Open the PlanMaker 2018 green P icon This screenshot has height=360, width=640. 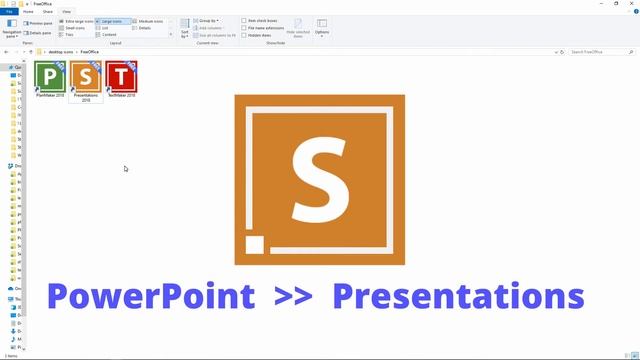(50, 76)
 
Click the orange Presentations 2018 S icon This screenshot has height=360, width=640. (85, 76)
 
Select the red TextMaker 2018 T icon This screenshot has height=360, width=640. (121, 76)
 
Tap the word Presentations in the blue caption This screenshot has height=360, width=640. (458, 297)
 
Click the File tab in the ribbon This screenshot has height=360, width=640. (10, 11)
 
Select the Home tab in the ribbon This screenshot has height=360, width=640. (28, 11)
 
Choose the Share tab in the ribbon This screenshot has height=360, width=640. (46, 11)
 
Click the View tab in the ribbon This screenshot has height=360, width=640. (66, 11)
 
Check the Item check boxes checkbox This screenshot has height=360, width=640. (244, 20)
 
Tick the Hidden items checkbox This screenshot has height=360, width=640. (244, 35)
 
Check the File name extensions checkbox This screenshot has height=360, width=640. (244, 28)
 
